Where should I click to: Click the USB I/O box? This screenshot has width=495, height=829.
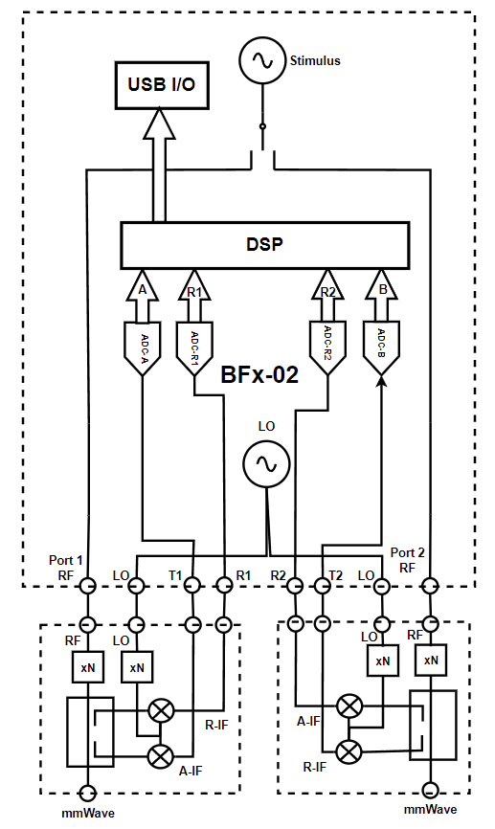tap(161, 84)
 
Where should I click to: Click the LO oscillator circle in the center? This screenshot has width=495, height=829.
tap(265, 465)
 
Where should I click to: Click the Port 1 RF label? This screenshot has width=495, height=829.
tap(67, 567)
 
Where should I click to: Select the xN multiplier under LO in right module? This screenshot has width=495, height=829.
tap(382, 661)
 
